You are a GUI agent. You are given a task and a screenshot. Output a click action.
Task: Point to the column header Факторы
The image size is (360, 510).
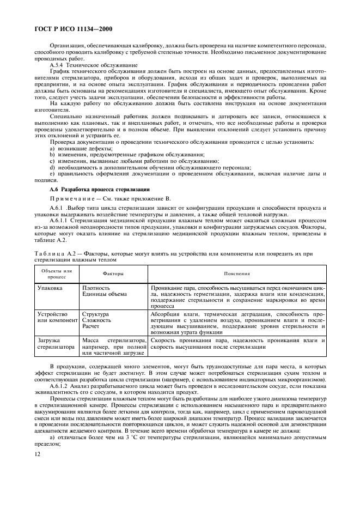click(x=113, y=274)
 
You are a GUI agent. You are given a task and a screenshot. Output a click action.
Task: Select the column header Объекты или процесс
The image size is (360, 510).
click(x=56, y=274)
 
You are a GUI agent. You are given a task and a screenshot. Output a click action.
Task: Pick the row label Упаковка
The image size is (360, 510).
click(x=49, y=287)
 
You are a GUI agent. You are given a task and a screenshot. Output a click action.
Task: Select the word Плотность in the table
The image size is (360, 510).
click(x=96, y=287)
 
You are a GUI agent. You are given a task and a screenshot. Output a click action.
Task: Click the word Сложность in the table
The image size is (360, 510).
click(x=97, y=320)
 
